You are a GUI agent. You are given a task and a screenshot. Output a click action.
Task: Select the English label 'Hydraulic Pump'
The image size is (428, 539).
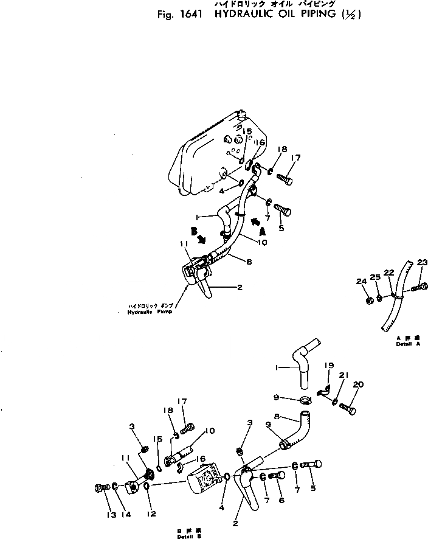[147, 311]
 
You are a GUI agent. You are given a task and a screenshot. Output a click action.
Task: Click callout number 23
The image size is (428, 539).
[423, 262]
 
